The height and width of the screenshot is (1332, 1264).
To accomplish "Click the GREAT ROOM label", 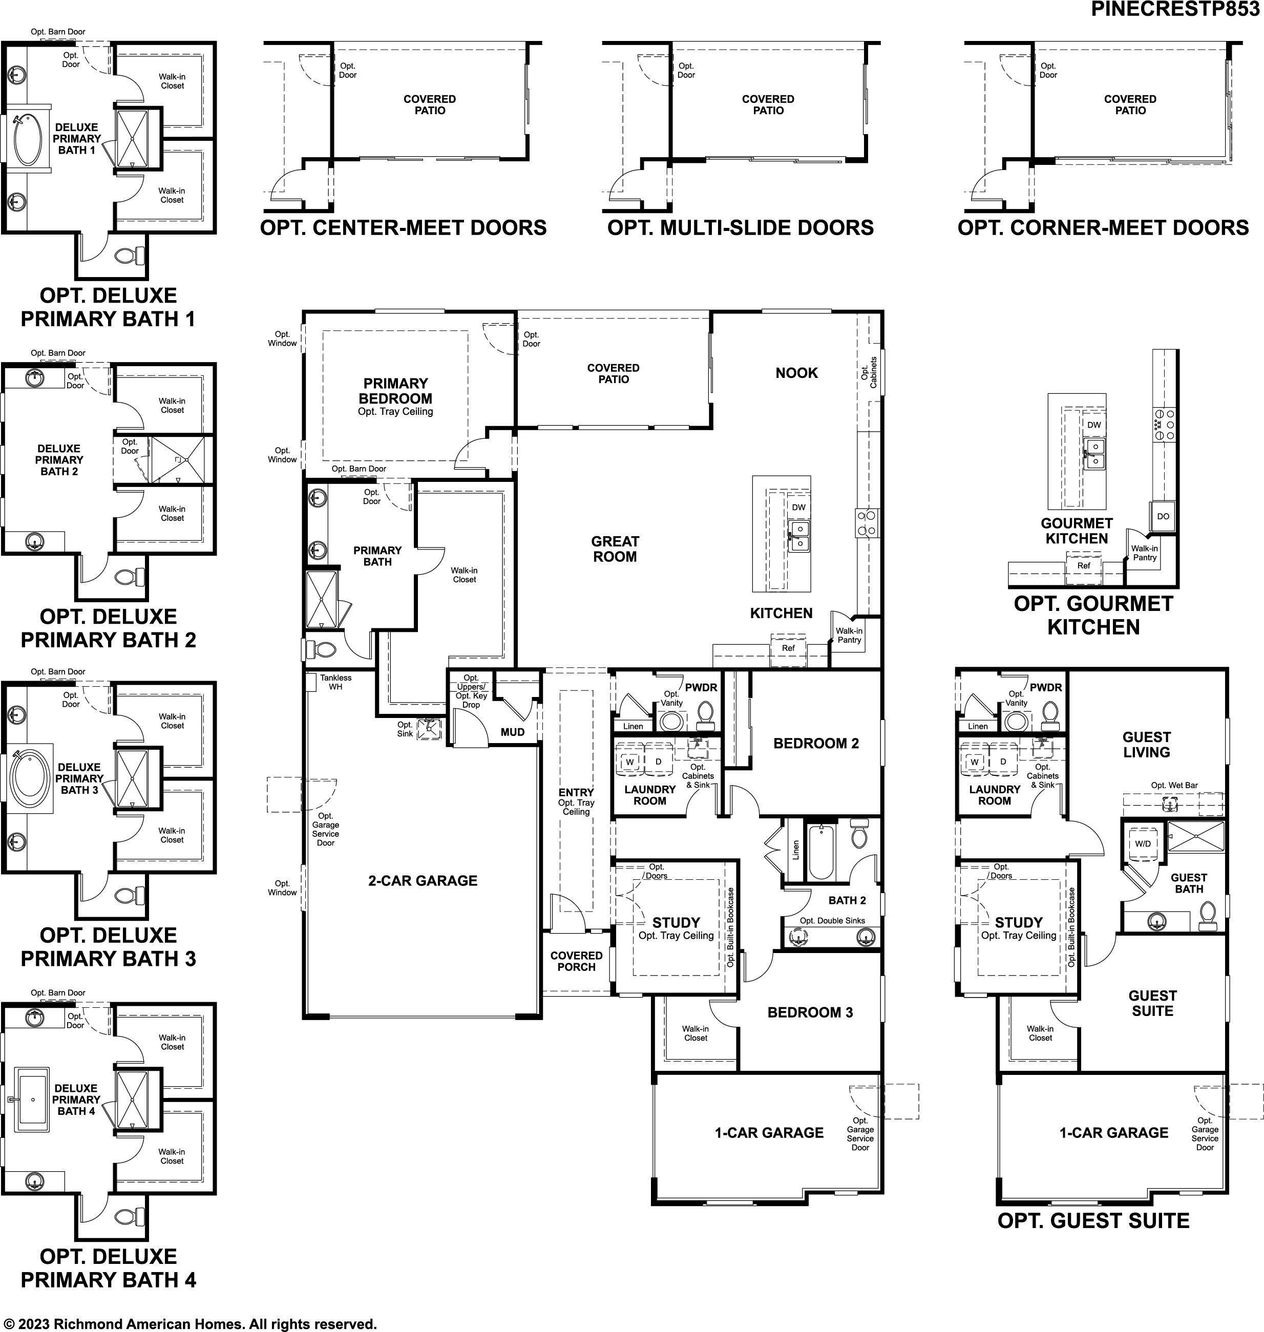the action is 615,549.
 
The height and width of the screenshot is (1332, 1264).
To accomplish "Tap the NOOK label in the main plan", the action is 796,373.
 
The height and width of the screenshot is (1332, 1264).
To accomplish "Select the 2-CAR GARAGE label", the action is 423,881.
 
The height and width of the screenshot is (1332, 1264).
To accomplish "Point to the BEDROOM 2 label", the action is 816,743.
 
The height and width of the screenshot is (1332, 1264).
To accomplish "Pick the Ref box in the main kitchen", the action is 788,649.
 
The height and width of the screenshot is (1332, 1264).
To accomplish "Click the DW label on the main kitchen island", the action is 798,508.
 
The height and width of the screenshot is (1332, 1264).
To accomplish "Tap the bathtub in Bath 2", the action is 820,852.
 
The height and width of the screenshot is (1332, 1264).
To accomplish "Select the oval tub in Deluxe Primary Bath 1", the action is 28,139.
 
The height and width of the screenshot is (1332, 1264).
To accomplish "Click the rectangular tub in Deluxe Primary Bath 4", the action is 32,1100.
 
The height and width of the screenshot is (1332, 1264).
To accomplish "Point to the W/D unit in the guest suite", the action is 1143,843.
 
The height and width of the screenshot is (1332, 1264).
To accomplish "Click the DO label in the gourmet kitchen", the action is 1163,516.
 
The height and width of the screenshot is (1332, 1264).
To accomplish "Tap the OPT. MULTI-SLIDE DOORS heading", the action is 741,228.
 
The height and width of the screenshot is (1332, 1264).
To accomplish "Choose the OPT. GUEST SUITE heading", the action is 1093,1221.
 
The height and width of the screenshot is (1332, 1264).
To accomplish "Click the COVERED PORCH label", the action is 576,961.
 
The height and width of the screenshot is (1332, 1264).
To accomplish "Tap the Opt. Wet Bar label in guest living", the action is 1174,785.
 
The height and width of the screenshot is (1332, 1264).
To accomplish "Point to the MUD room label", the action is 512,732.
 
